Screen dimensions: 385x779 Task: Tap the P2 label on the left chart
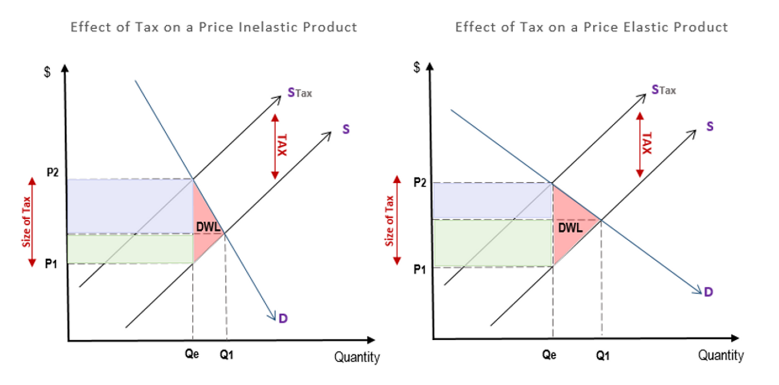coord(53,172)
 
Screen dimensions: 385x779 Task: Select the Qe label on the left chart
coord(193,355)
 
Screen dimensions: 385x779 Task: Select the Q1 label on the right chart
coord(602,355)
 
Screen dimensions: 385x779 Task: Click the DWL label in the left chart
coord(207,226)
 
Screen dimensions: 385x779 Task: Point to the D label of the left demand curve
coord(283,319)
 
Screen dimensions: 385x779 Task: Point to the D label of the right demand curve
coord(708,292)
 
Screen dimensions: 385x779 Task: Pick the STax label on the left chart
coord(299,93)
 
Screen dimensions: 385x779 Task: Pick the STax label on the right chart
coord(664,90)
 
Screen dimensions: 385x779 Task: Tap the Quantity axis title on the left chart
coord(357,357)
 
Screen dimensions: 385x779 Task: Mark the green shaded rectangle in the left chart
coord(130,249)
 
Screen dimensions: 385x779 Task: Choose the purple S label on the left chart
coord(346,129)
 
